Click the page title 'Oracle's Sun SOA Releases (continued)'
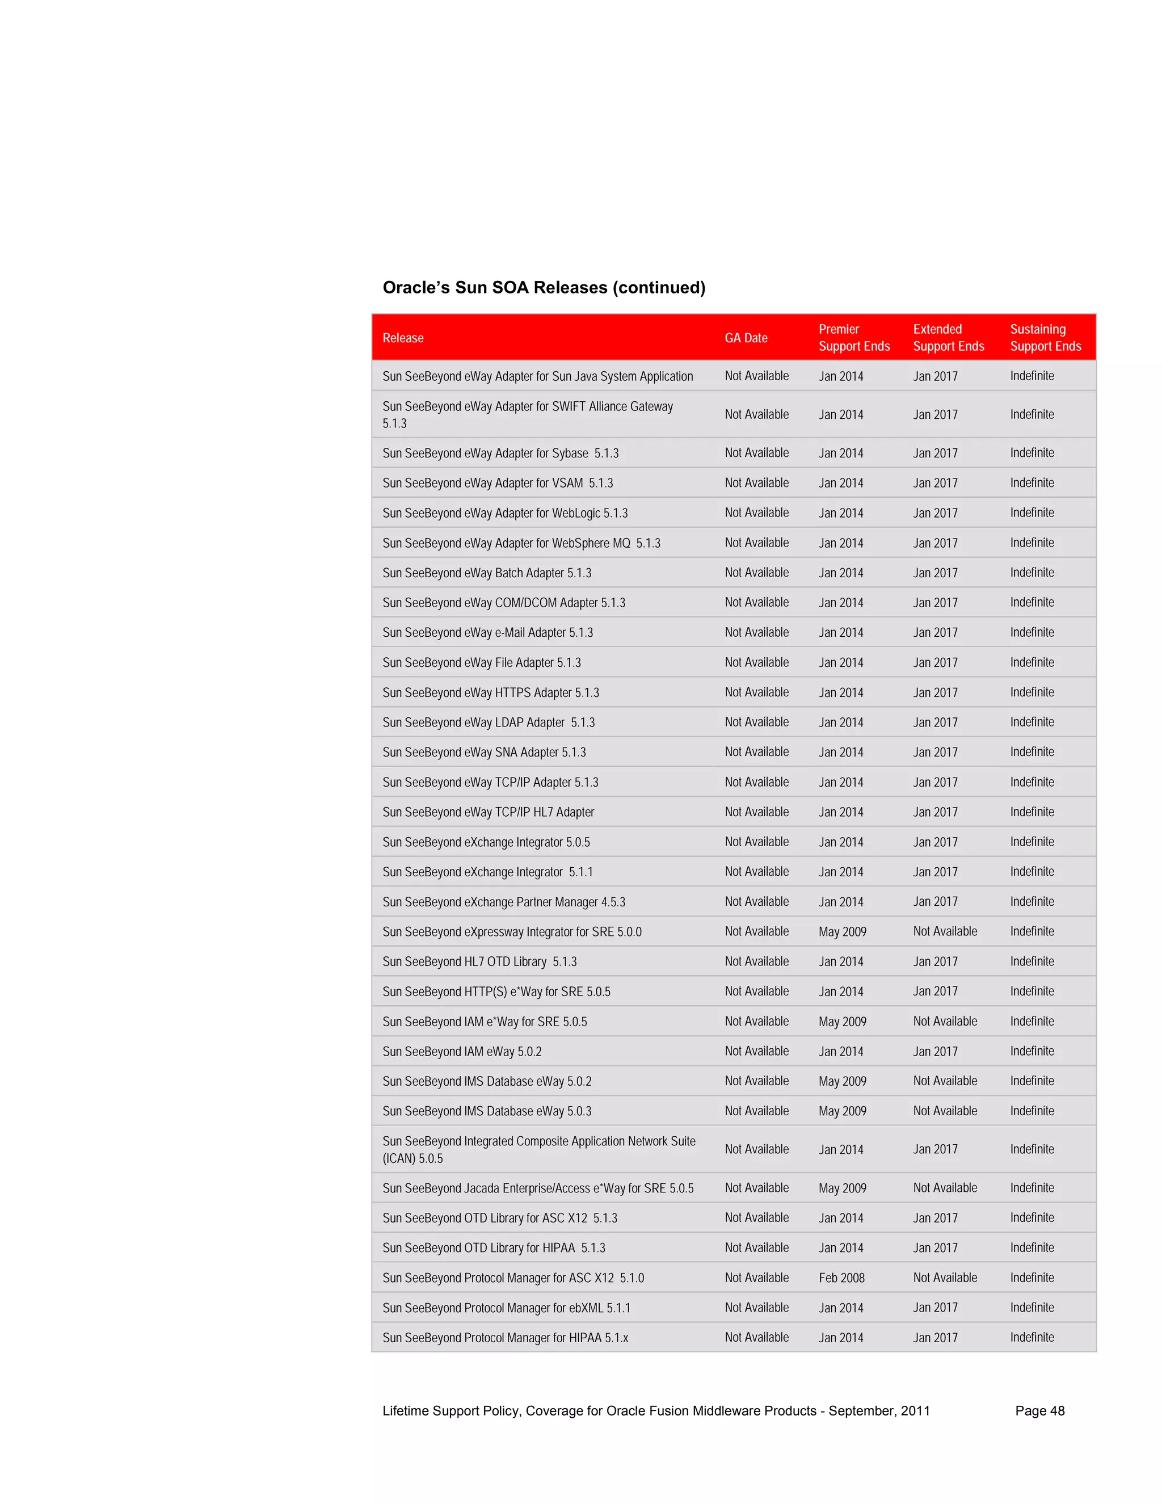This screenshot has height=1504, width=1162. pyautogui.click(x=544, y=287)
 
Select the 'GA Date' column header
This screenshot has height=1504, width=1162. pyautogui.click(x=746, y=338)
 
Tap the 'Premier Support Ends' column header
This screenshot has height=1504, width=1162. pyautogui.click(x=853, y=338)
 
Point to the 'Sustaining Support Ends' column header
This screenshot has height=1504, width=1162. pyautogui.click(x=1045, y=338)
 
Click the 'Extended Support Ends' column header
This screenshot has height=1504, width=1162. pyautogui.click(x=948, y=338)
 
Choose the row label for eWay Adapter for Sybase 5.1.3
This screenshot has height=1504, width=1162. pyautogui.click(x=500, y=453)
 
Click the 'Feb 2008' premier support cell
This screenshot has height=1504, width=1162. pyautogui.click(x=841, y=1278)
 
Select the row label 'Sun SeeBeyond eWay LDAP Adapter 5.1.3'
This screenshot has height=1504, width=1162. pyautogui.click(x=488, y=722)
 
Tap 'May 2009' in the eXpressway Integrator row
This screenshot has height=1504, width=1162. pyautogui.click(x=842, y=932)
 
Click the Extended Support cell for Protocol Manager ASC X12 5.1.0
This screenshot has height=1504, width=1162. pyautogui.click(x=945, y=1278)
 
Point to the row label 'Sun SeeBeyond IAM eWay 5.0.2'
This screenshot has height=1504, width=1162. pyautogui.click(x=462, y=1052)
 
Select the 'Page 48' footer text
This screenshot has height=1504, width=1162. pyautogui.click(x=1039, y=1410)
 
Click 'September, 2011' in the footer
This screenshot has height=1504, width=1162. pyautogui.click(x=878, y=1410)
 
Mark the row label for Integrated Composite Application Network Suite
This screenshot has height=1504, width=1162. pyautogui.click(x=538, y=1149)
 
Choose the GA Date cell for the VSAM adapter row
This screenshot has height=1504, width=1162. pyautogui.click(x=756, y=483)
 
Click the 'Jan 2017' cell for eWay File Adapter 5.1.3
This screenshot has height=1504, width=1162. pyautogui.click(x=935, y=662)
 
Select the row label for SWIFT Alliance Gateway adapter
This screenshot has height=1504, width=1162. pyautogui.click(x=527, y=414)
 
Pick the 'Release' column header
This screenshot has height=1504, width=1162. pyautogui.click(x=403, y=338)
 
